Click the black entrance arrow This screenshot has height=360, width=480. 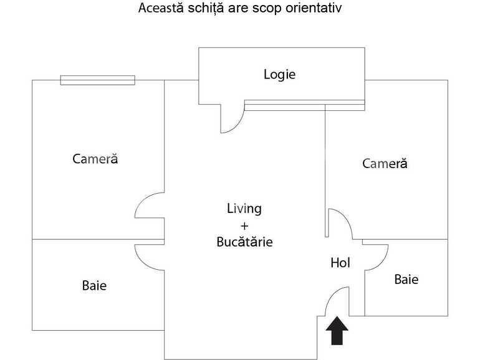point(337,331)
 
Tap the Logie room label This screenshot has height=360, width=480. point(279,75)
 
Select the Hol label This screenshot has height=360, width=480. point(340,263)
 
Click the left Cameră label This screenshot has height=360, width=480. point(95,159)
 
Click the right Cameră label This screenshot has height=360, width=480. point(385,164)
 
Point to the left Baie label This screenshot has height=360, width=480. point(94,286)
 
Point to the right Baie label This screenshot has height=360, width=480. point(406,280)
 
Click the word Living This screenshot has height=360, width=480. point(244,209)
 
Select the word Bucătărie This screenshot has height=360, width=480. point(244,242)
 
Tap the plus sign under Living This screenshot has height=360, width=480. point(244,225)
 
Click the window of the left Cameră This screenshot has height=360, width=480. point(97,80)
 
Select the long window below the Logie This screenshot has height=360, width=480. point(304,105)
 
